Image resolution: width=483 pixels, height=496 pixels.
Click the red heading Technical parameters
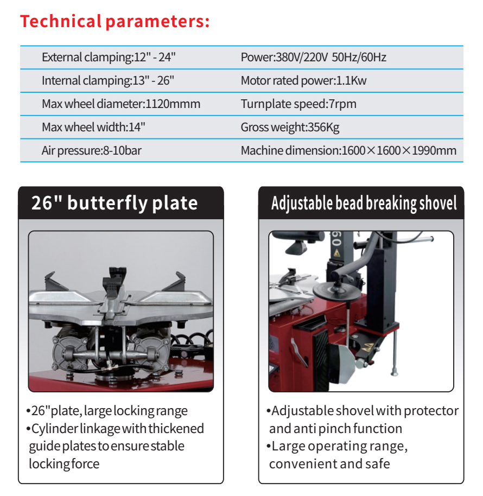115,22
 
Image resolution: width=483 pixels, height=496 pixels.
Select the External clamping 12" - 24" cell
109,57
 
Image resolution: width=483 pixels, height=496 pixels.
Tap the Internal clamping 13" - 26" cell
107,81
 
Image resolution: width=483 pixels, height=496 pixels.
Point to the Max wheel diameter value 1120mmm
172,104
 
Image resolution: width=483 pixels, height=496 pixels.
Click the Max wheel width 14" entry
93,128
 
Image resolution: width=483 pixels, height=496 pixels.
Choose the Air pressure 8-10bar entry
91,150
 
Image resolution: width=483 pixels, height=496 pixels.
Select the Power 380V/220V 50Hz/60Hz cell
313,57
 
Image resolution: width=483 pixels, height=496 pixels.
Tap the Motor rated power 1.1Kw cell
303,81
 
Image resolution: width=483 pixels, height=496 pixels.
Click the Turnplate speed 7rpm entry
298,104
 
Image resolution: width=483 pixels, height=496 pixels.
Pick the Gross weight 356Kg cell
290,128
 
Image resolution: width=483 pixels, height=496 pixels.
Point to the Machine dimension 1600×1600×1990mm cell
348,150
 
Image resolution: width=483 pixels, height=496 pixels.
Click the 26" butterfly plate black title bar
120,203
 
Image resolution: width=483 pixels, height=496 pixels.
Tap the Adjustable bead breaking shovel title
364,203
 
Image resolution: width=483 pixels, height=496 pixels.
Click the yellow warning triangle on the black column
336,253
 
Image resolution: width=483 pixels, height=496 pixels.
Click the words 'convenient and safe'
329,464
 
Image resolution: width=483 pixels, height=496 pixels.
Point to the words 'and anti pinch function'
335,429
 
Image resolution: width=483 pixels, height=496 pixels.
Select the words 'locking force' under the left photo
64,464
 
